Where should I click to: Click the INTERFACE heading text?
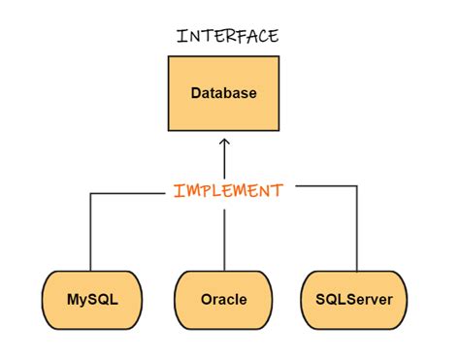228,37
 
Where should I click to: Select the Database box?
224,93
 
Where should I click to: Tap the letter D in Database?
195,94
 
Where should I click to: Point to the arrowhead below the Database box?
225,143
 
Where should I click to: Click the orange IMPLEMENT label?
228,190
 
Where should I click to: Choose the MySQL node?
93,299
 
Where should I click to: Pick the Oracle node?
224,299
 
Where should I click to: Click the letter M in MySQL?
73,299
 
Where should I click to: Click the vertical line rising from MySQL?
90,233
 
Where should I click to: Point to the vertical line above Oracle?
225,238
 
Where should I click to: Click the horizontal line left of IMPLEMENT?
126,193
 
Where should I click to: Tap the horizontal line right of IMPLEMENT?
325,186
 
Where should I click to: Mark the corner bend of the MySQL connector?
90,193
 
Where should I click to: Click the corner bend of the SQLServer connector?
358,186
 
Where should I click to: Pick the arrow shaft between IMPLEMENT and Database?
225,160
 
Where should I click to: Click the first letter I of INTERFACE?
181,37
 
